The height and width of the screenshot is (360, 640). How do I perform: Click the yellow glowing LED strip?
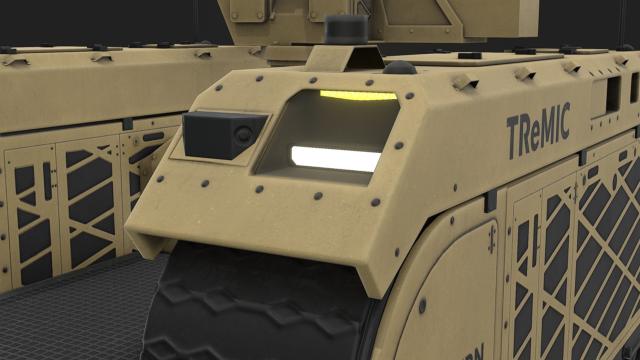[x=358, y=95]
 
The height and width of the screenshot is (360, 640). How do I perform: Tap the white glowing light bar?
[x=335, y=158]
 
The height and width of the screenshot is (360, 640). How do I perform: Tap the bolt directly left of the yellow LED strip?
[x=314, y=80]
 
